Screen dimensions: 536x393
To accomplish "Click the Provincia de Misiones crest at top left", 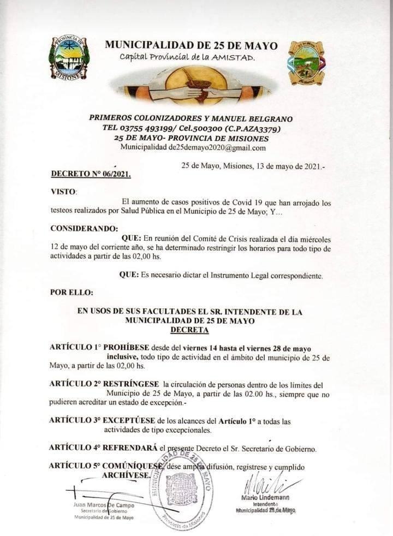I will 69,58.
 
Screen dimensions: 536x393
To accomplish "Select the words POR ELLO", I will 72,292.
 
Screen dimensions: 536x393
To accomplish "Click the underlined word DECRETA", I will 189,330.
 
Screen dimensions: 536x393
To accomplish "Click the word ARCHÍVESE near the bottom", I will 125,475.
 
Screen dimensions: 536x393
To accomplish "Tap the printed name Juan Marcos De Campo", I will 103,504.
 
